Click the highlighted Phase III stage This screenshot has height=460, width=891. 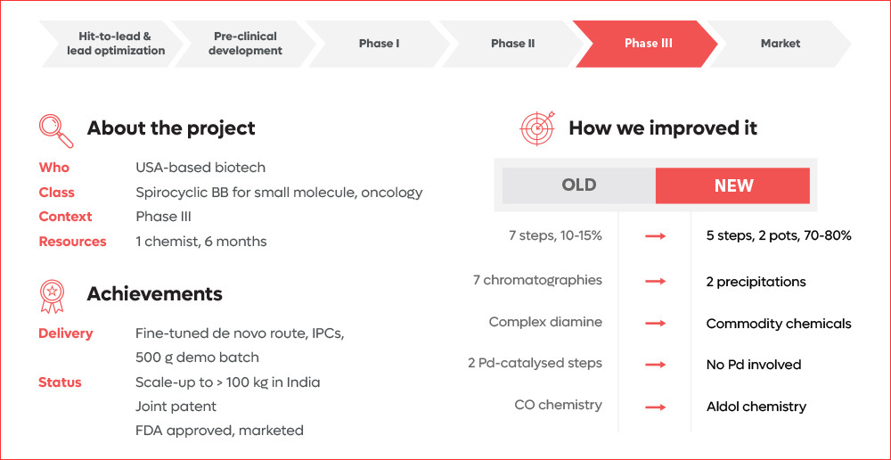648,44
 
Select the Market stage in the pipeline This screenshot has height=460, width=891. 780,44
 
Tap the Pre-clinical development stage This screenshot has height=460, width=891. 245,44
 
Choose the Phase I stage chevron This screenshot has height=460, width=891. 379,44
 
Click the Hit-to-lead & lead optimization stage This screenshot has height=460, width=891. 115,44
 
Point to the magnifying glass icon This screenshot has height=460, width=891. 56,130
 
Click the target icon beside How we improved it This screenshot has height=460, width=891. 537,128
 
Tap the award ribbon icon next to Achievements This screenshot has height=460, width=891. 53,296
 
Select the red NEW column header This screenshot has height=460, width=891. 733,186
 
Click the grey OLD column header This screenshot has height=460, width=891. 578,186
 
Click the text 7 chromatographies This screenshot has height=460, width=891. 537,281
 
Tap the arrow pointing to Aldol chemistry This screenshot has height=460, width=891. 656,407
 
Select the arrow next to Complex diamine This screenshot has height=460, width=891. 656,324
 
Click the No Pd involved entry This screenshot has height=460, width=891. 754,365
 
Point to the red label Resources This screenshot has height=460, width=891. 72,242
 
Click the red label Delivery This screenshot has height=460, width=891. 65,333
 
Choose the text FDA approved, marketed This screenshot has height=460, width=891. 219,431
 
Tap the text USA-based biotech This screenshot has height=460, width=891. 200,168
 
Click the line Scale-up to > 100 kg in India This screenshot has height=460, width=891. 228,382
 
